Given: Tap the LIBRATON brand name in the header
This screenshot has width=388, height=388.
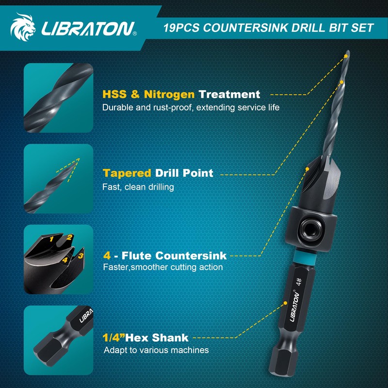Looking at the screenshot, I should [x=88, y=29].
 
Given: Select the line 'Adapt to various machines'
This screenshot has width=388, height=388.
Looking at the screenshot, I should [x=156, y=350].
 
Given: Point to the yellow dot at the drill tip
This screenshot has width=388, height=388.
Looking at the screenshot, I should [x=345, y=56].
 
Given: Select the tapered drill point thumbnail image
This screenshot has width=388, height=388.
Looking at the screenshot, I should [x=58, y=179].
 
